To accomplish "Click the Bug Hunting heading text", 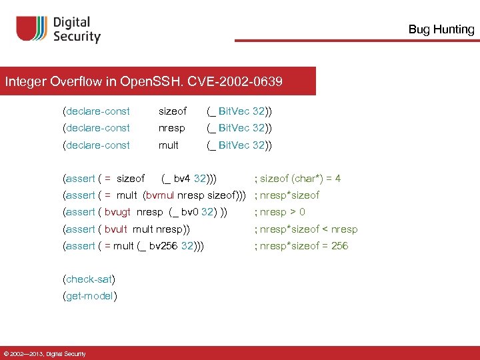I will (441, 29).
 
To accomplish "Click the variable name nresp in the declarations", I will (171, 128).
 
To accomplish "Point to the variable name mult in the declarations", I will (168, 145).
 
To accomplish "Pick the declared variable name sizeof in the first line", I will (173, 111).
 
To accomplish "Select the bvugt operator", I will (118, 212).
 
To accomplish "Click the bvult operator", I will (116, 229).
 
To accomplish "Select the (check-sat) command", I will (89, 279).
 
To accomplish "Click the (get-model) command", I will (90, 296).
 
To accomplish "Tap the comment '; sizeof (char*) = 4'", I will (298, 179).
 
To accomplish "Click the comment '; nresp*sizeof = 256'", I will (301, 246).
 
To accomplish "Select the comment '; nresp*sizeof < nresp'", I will (306, 229).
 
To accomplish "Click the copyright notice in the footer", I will (44, 353).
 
